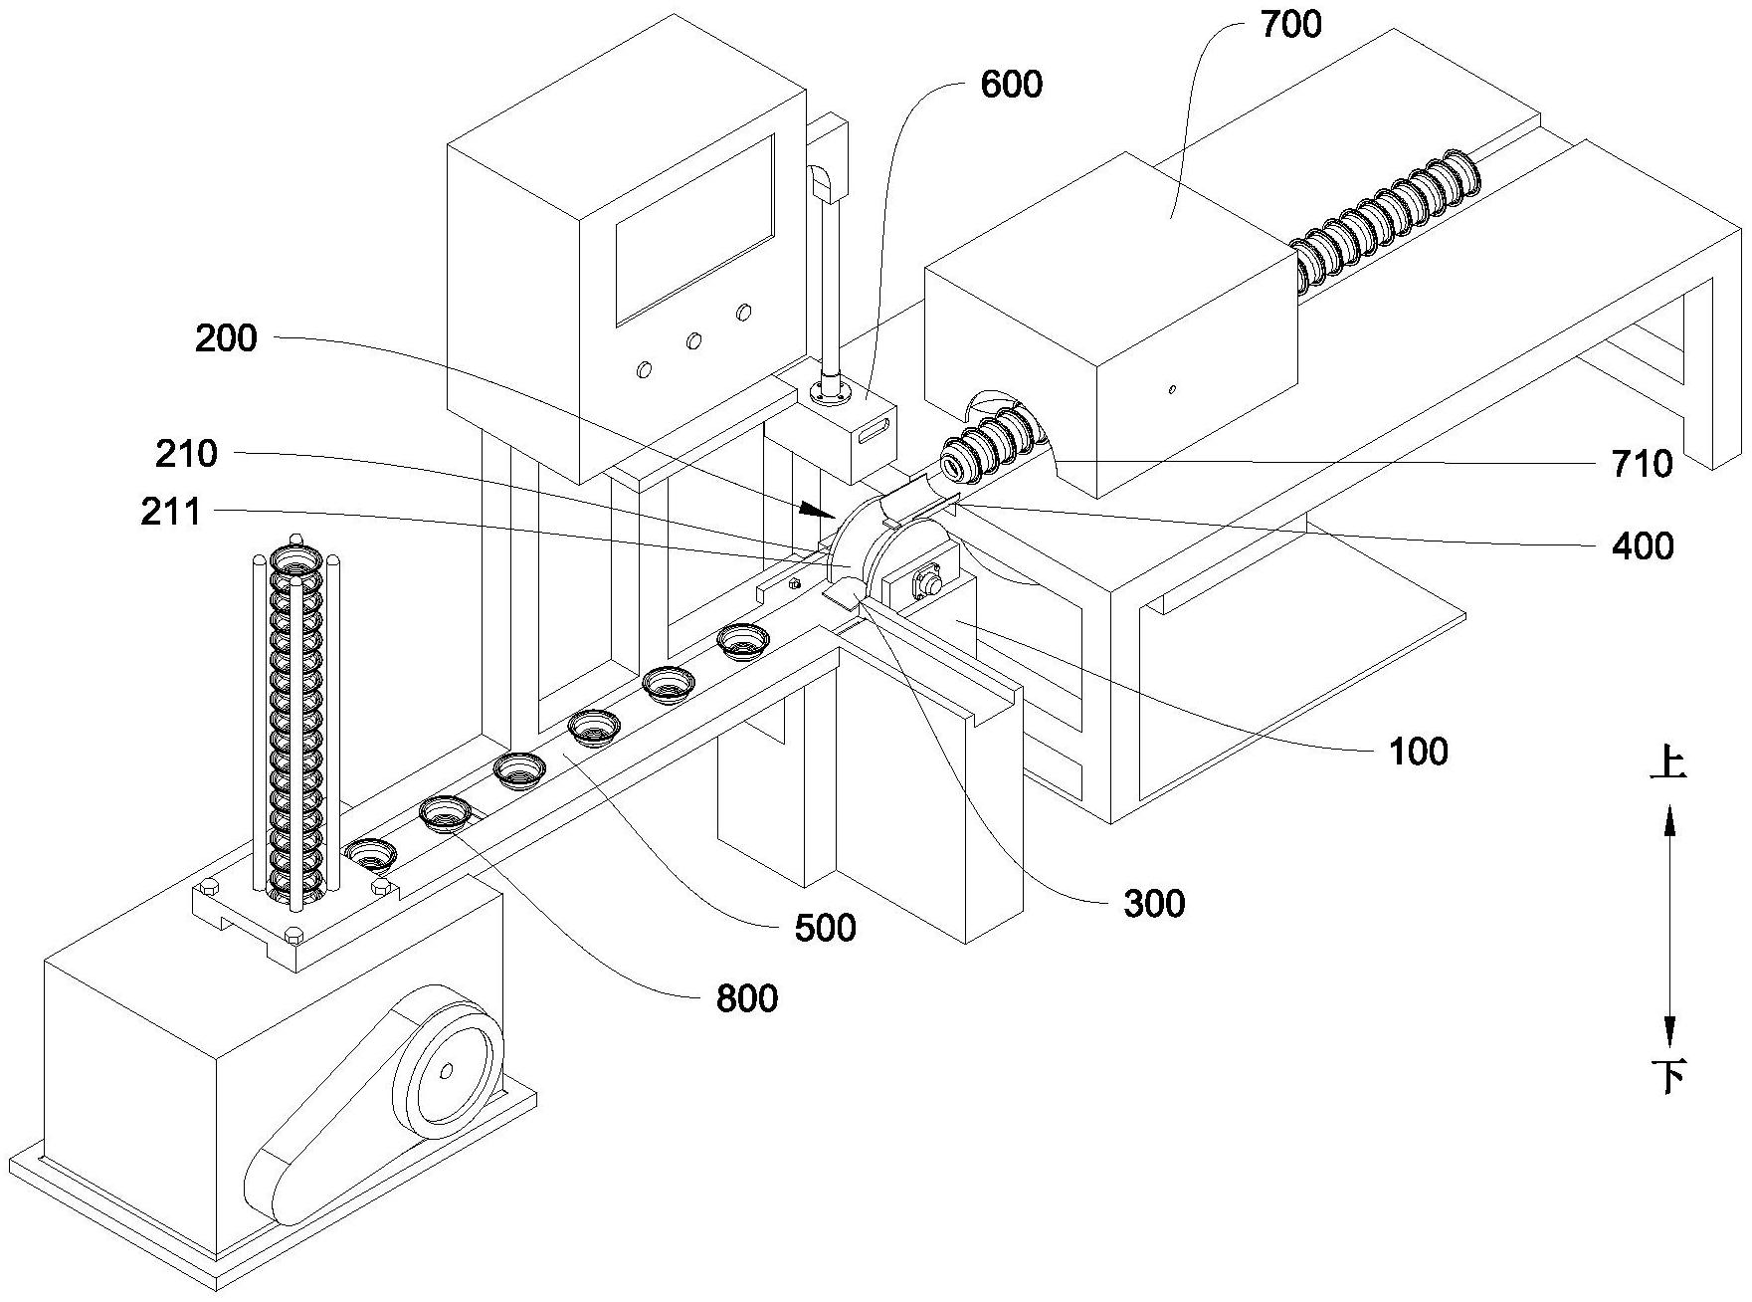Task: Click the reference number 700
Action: click(1290, 25)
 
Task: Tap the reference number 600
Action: click(1011, 85)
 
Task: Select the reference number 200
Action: click(226, 339)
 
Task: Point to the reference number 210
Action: click(186, 454)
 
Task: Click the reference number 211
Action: click(171, 513)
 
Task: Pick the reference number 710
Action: click(1643, 464)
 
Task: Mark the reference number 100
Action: click(1419, 752)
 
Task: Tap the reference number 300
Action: click(1154, 904)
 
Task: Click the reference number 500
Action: click(826, 928)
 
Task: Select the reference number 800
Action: click(746, 997)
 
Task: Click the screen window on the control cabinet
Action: click(694, 229)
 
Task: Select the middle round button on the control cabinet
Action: click(693, 341)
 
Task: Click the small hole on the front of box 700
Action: click(1173, 389)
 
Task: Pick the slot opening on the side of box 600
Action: click(873, 432)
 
